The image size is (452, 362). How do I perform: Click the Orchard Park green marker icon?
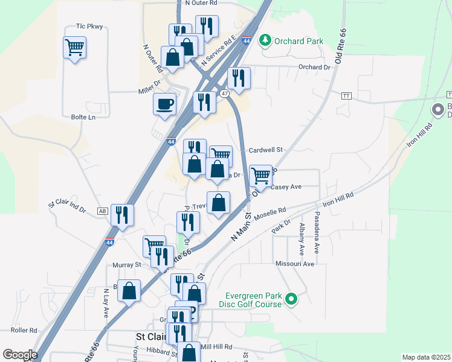265,41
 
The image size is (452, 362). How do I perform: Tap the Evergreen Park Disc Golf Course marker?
291,299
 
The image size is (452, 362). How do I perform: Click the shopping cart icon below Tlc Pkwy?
74,47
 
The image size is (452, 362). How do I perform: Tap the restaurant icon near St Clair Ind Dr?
122,215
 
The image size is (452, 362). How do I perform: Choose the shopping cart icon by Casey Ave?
260,176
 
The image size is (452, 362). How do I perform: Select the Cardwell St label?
266,150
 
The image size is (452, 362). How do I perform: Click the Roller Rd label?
24,331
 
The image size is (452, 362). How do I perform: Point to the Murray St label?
126,264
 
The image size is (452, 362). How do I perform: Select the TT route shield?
346,96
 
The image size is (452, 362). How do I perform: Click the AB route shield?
102,211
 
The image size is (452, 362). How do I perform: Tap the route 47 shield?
224,94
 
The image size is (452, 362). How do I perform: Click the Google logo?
20,355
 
